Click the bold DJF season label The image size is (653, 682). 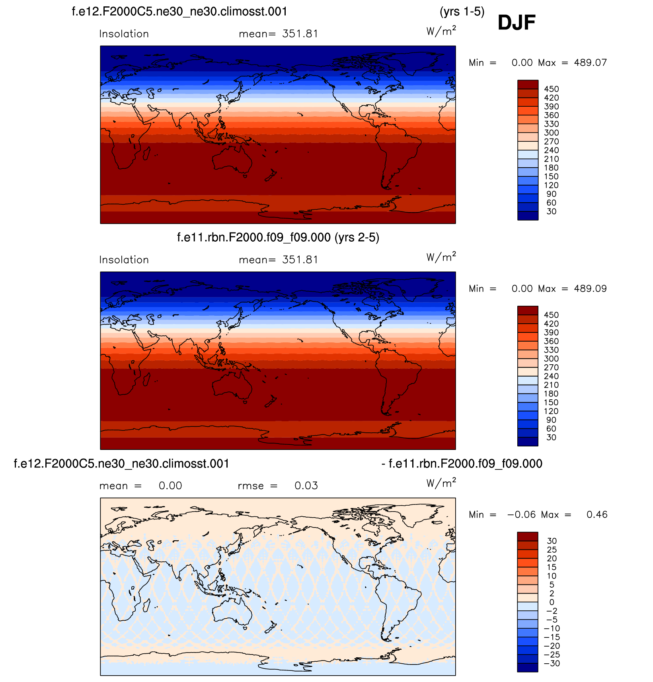[x=516, y=23]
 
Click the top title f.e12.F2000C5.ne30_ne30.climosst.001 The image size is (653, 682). [x=179, y=12]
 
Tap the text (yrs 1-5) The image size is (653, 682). [x=462, y=12]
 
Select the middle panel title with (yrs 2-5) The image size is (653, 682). [x=278, y=238]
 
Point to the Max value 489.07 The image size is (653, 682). [x=590, y=63]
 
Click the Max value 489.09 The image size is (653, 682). [x=590, y=289]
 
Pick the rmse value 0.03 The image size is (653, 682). [x=306, y=486]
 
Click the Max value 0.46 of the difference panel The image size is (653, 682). [x=597, y=514]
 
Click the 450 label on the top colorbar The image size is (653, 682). [x=551, y=89]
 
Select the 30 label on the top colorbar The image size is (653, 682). [x=551, y=211]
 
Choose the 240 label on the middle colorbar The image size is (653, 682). [x=551, y=376]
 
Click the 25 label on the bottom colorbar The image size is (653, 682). [x=552, y=550]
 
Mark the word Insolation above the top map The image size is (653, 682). [x=124, y=34]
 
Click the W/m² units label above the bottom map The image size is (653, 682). [x=441, y=483]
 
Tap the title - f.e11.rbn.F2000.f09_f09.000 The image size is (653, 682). [x=462, y=464]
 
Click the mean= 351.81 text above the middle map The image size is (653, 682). [x=278, y=260]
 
